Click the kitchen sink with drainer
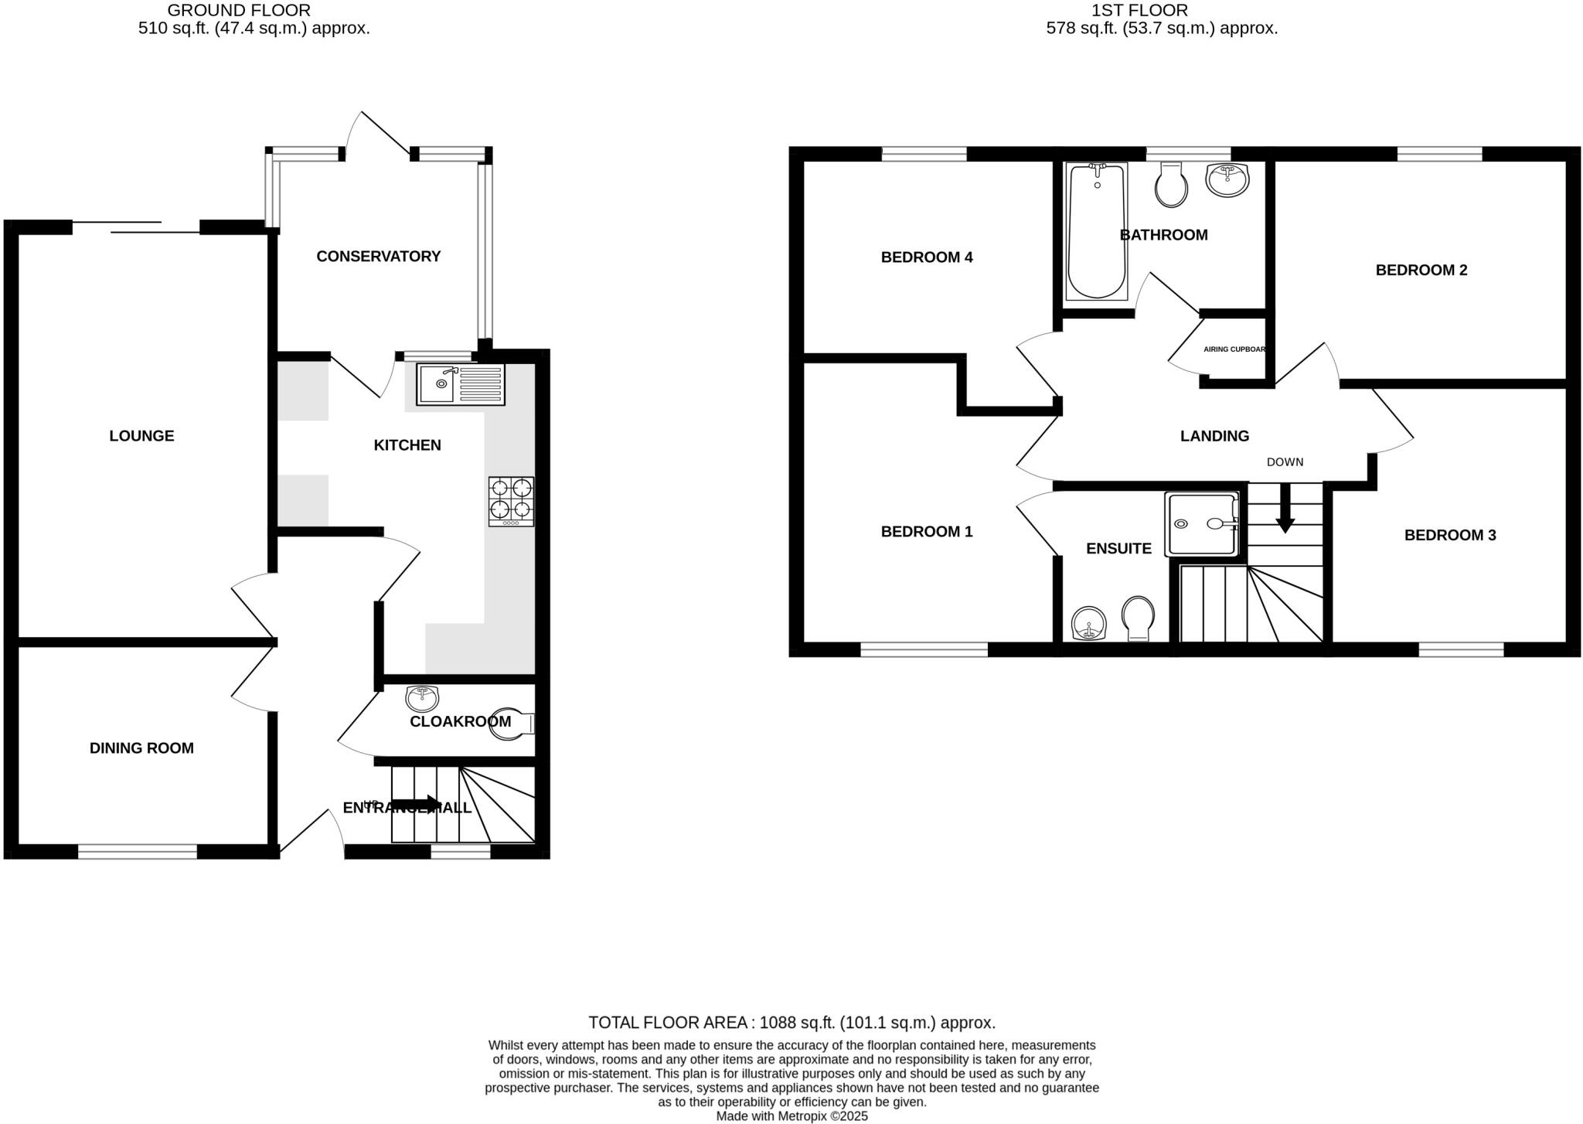[460, 384]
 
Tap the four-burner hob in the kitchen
[511, 501]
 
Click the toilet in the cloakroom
[510, 724]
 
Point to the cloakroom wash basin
[422, 698]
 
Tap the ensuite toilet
[1138, 617]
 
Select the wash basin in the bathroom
[1227, 180]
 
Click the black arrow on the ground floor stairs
[417, 804]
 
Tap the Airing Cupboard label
[1234, 349]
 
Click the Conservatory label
[378, 256]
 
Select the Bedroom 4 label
[926, 257]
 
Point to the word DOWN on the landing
[1285, 462]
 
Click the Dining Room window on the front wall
[138, 852]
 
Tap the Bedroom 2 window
[1439, 154]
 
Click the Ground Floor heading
[239, 11]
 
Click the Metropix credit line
[791, 1116]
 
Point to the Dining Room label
[141, 748]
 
